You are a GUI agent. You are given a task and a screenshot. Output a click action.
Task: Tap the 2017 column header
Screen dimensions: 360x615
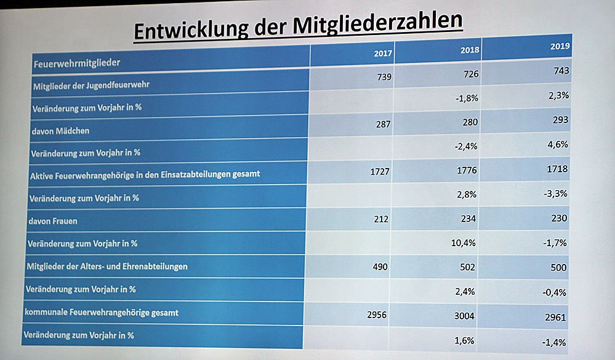pyautogui.click(x=383, y=53)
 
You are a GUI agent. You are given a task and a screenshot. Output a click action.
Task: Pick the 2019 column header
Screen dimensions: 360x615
pyautogui.click(x=560, y=46)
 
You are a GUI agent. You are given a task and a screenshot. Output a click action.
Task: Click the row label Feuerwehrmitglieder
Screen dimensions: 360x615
pyautogui.click(x=76, y=62)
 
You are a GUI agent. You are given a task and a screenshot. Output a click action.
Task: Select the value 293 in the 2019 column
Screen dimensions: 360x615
pyautogui.click(x=560, y=119)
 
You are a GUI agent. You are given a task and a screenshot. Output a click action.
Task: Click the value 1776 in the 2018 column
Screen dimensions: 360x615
pyautogui.click(x=468, y=169)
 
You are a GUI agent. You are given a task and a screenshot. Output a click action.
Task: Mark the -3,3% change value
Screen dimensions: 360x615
pyautogui.click(x=555, y=193)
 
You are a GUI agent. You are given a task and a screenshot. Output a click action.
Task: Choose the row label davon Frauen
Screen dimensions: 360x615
pyautogui.click(x=52, y=220)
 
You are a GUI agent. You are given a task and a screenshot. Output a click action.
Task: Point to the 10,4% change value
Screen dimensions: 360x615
pyautogui.click(x=464, y=243)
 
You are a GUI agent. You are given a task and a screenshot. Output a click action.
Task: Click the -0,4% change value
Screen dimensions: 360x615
pyautogui.click(x=555, y=292)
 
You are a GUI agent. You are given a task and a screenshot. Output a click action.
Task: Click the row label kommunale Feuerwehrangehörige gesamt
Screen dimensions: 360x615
pyautogui.click(x=102, y=313)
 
